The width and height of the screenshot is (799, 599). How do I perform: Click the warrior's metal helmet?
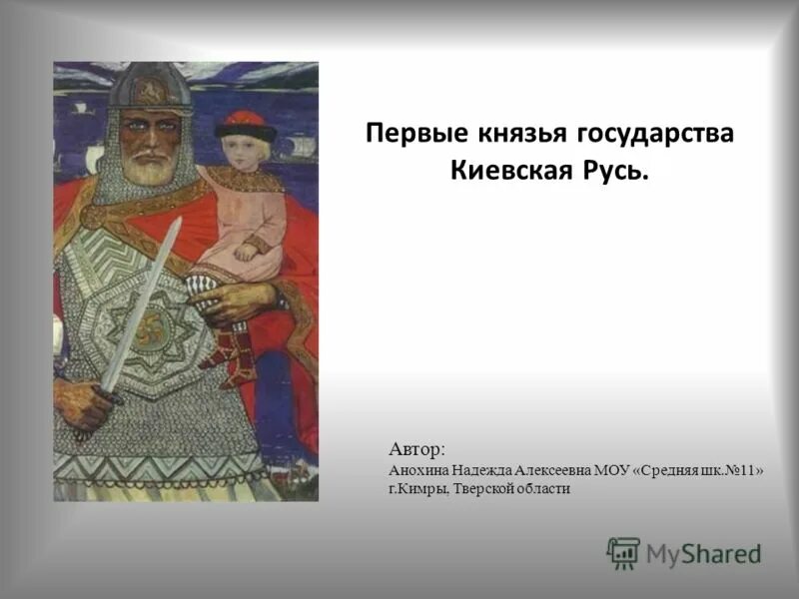point(149,88)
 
